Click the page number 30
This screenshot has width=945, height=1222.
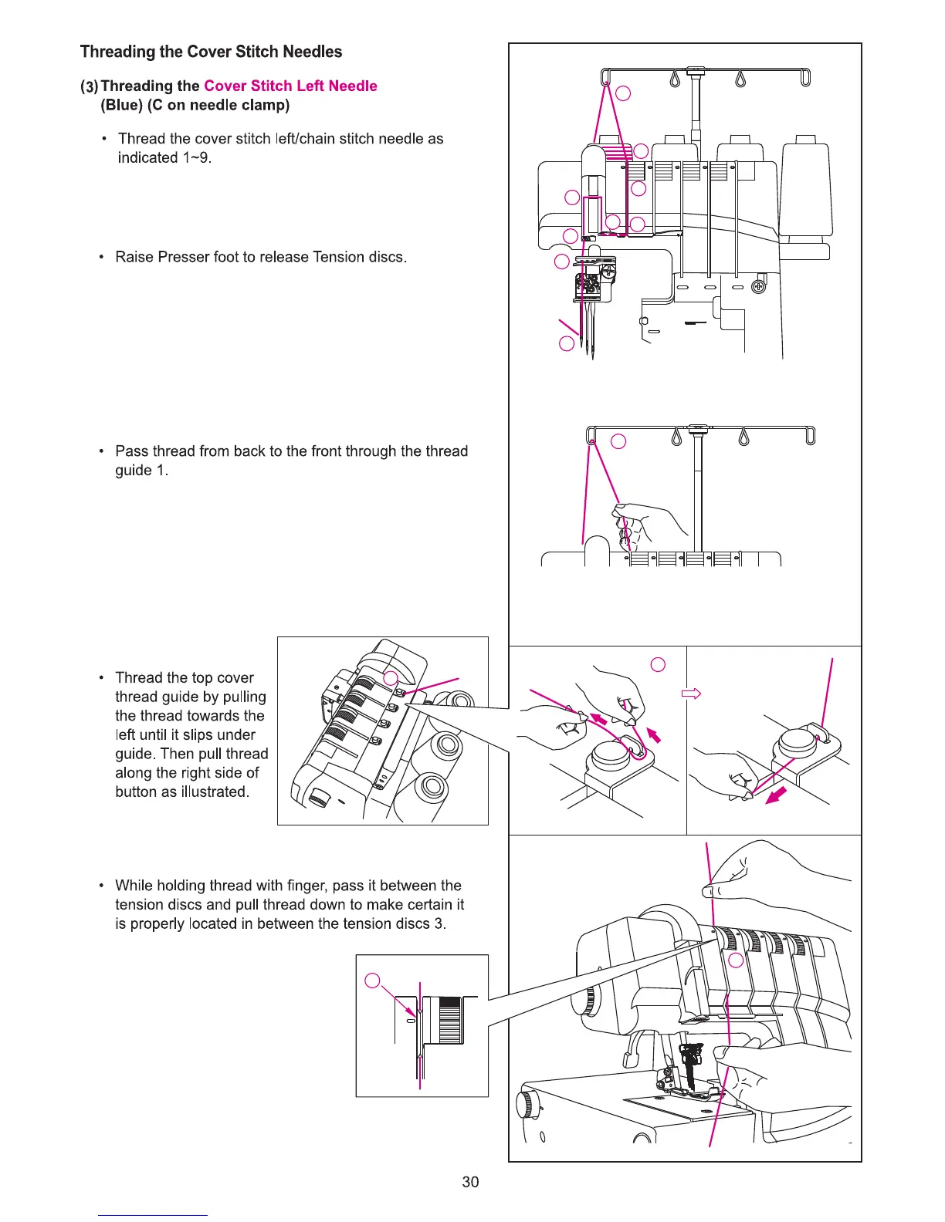point(470,1181)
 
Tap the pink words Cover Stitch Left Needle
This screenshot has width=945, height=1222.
point(290,86)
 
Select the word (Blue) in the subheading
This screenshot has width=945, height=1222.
point(122,105)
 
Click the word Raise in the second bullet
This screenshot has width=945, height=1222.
point(134,257)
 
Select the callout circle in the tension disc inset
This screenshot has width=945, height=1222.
point(372,981)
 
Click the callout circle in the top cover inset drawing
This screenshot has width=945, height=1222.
point(391,678)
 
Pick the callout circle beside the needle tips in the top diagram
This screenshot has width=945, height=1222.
point(567,343)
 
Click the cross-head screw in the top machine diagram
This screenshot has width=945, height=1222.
point(759,288)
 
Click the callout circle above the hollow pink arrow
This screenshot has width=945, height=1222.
point(658,664)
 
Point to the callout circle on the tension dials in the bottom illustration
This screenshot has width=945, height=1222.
point(736,960)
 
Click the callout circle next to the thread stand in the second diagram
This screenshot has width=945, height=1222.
point(618,441)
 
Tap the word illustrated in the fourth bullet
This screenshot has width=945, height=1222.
point(215,792)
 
